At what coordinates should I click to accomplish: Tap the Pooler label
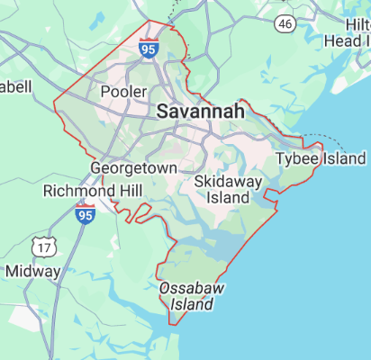[x=123, y=92]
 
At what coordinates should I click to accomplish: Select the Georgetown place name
[x=133, y=168]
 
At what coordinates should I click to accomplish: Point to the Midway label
[x=32, y=270]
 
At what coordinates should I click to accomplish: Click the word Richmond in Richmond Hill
[x=77, y=192]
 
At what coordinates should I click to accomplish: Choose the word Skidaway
[x=228, y=182]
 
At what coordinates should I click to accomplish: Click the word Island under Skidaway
[x=228, y=197]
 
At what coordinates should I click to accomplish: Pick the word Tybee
[x=294, y=158]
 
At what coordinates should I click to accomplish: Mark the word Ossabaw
[x=190, y=288]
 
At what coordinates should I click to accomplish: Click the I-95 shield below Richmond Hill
[x=85, y=214]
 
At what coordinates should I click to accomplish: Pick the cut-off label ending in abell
[x=15, y=86]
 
